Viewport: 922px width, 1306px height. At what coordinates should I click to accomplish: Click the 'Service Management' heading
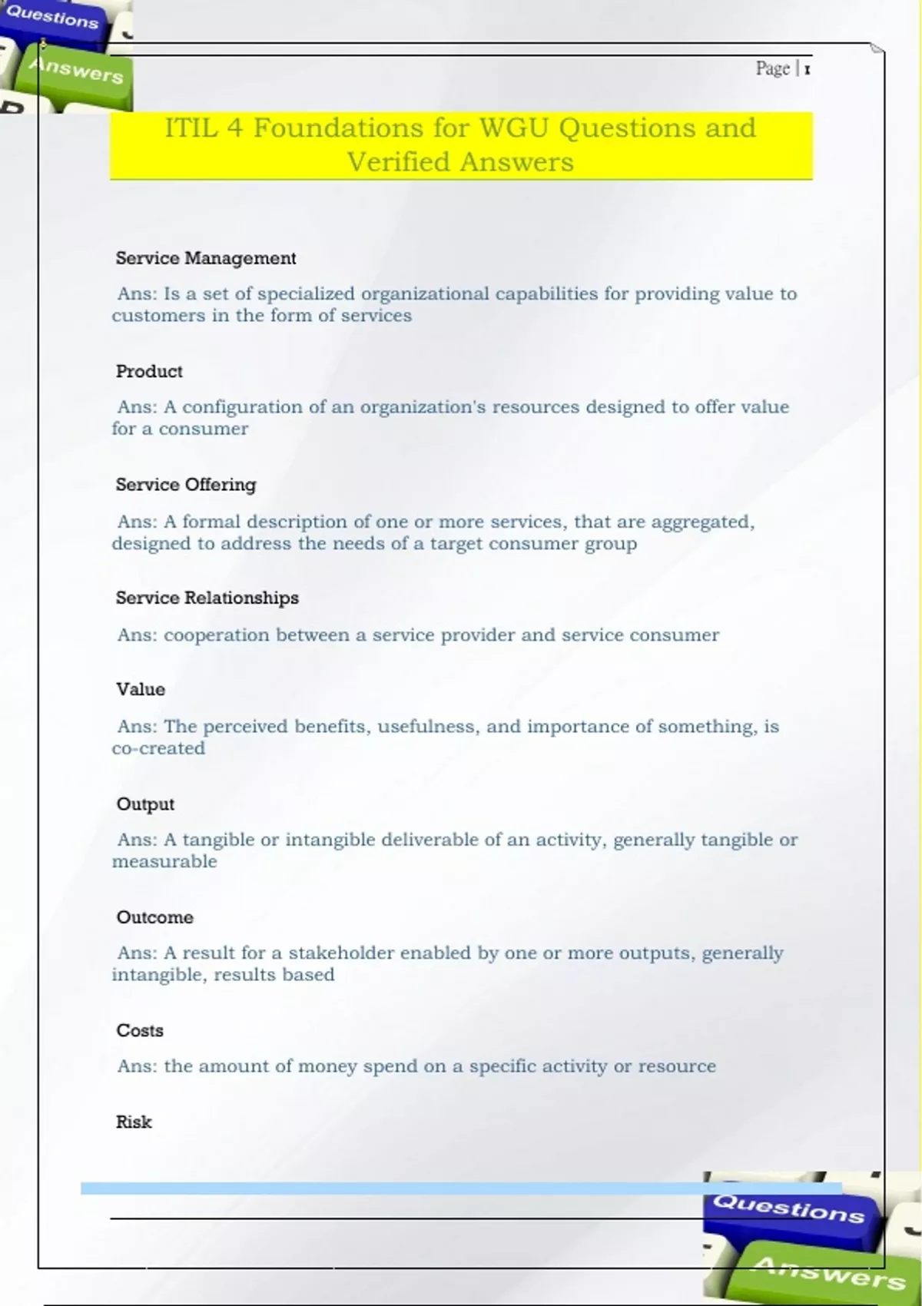coord(205,258)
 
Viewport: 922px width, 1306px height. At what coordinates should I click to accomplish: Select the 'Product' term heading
coord(149,372)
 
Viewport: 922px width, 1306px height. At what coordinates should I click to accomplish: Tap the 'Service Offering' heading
coord(186,485)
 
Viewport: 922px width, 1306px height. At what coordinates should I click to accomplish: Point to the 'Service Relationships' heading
coord(207,598)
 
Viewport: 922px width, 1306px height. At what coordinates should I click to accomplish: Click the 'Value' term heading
coord(141,689)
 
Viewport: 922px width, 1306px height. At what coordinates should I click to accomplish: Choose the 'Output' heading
coord(145,804)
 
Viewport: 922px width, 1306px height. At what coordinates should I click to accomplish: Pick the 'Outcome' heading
coord(154,917)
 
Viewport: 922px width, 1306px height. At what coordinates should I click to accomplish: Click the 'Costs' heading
coord(140,1030)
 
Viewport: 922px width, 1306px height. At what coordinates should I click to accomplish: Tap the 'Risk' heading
coord(134,1122)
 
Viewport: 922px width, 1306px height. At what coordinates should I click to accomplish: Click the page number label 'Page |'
coord(778,69)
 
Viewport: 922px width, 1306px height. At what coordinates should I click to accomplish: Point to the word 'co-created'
coord(158,748)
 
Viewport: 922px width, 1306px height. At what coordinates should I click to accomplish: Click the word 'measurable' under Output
coord(164,862)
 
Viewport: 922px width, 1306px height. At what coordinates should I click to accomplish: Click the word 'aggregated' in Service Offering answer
coord(701,522)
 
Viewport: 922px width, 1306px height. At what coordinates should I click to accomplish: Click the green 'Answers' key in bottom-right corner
coord(826,1271)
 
